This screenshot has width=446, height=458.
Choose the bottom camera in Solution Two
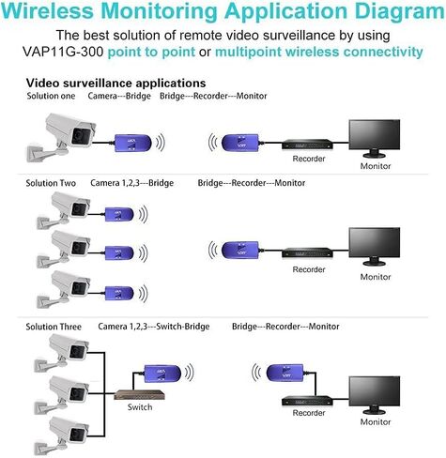(66, 285)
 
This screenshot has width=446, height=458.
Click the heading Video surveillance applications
(115, 84)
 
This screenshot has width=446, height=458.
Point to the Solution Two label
(52, 181)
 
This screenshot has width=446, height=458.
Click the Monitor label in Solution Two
(376, 277)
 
